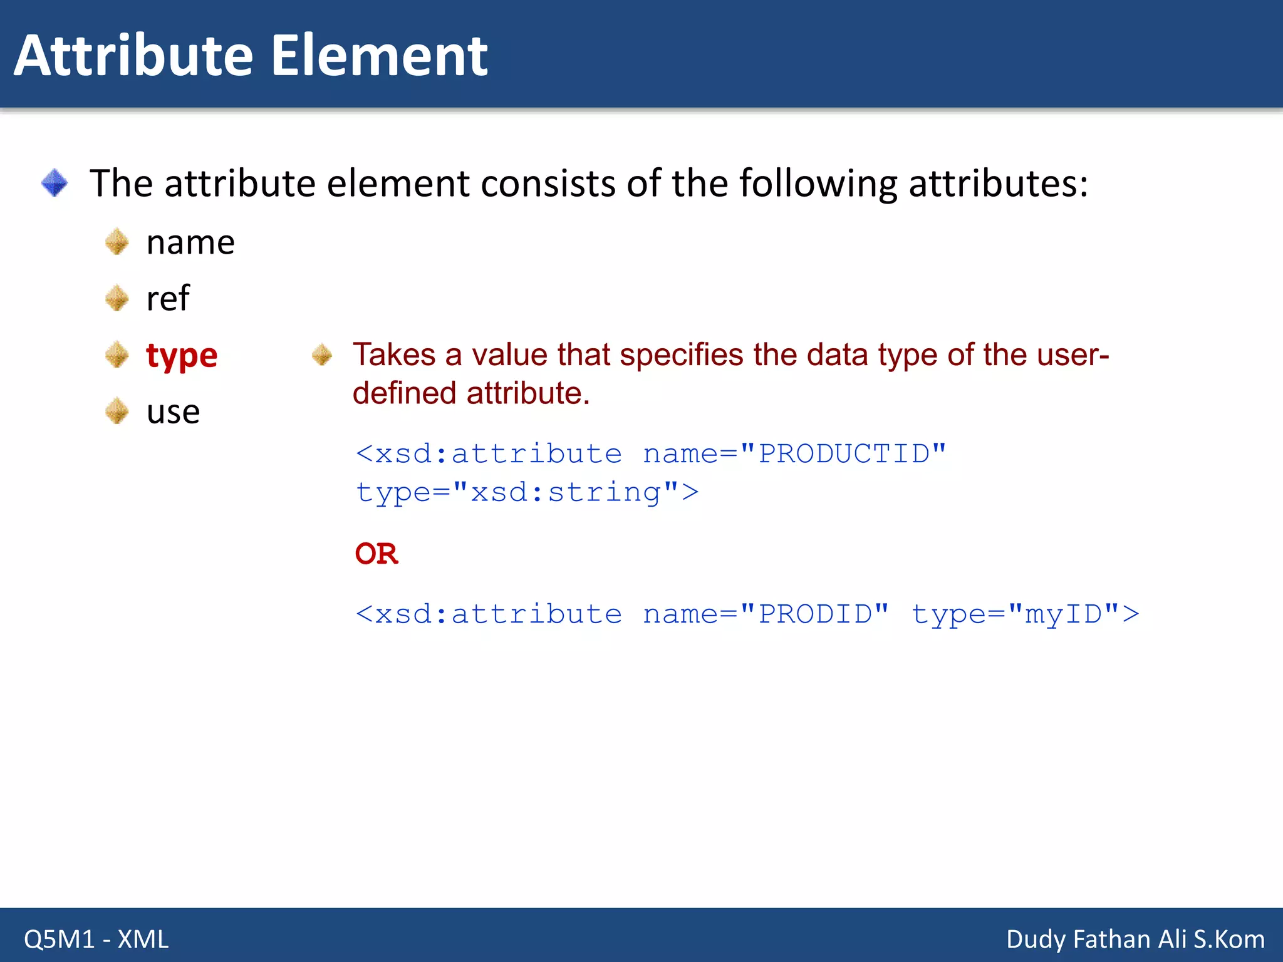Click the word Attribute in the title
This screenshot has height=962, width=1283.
[x=133, y=56]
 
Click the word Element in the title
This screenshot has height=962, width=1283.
[x=379, y=56]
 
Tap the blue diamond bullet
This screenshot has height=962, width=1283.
[x=55, y=183]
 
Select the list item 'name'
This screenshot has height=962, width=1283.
[x=190, y=242]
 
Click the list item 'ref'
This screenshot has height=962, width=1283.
[x=167, y=298]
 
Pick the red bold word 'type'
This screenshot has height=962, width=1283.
[x=182, y=356]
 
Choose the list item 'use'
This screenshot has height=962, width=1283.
[x=173, y=412]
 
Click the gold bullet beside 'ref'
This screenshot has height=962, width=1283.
[x=117, y=298]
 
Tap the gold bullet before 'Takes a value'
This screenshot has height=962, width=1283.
[x=322, y=354]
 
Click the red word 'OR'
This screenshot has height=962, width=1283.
[x=376, y=554]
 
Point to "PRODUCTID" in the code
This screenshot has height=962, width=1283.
[x=843, y=453]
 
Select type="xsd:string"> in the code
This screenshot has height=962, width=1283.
[x=527, y=492]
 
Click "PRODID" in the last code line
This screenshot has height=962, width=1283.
[x=814, y=614]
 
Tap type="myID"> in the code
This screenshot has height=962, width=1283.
[x=1025, y=614]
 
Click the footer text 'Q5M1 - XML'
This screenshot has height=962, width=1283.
[x=96, y=939]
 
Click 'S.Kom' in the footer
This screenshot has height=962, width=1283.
[x=1228, y=939]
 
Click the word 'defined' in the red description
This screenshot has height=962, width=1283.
[x=404, y=393]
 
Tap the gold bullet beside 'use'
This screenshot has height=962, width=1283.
[x=117, y=411]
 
